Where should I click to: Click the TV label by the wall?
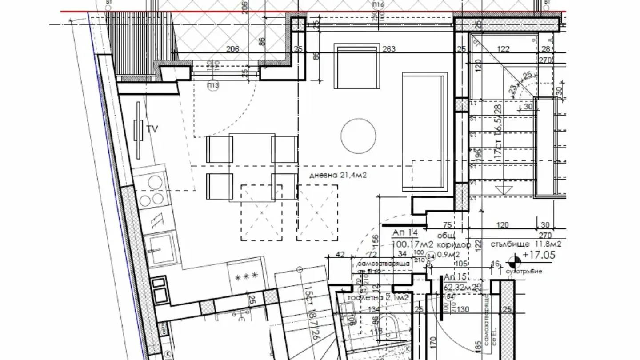[152, 129]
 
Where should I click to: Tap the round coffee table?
[359, 136]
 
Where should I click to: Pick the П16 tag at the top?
[378, 5]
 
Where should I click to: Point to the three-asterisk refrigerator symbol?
[246, 276]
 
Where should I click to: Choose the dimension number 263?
[388, 49]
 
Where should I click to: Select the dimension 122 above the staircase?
[503, 49]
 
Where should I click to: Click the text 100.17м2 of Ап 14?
[408, 244]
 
